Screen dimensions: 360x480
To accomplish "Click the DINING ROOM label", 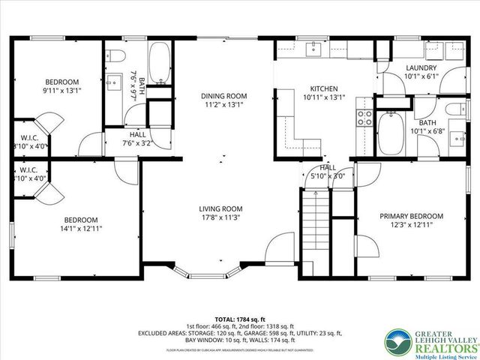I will coord(223,96).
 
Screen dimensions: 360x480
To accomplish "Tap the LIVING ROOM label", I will coord(220,208).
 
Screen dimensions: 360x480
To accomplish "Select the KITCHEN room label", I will coord(325,88).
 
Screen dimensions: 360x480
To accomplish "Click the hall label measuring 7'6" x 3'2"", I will coord(137,142).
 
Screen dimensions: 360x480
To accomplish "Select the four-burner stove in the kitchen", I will coord(364,116).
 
